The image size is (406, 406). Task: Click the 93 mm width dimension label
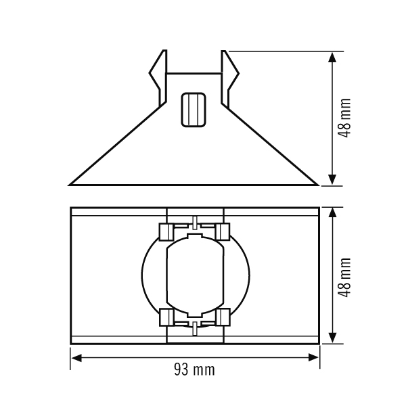click(194, 369)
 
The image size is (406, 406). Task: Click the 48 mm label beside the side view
click(344, 118)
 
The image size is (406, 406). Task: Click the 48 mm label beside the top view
click(344, 277)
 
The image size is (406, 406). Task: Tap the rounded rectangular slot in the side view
click(194, 110)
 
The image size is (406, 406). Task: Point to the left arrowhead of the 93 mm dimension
click(76, 358)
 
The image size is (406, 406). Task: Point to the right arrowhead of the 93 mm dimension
click(313, 358)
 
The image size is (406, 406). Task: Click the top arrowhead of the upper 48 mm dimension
click(332, 58)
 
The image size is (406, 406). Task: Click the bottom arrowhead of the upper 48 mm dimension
click(332, 180)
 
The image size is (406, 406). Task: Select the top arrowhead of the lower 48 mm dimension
click(332, 213)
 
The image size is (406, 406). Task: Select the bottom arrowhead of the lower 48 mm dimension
click(332, 338)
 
